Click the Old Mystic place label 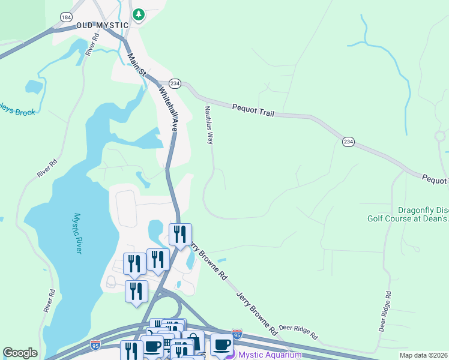[x=103, y=25]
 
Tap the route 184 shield [x=65, y=17]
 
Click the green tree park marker [x=139, y=14]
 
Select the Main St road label [x=137, y=65]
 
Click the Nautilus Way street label [x=209, y=125]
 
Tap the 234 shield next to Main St [x=175, y=83]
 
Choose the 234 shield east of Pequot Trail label [x=349, y=142]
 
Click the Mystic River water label [x=77, y=233]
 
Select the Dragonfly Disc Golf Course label [x=408, y=215]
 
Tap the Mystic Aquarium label [x=270, y=355]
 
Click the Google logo [x=20, y=353]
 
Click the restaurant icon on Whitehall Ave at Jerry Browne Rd [x=180, y=234]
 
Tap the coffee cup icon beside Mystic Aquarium [x=221, y=344]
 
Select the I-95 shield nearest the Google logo [x=95, y=345]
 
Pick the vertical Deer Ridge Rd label [x=385, y=312]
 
